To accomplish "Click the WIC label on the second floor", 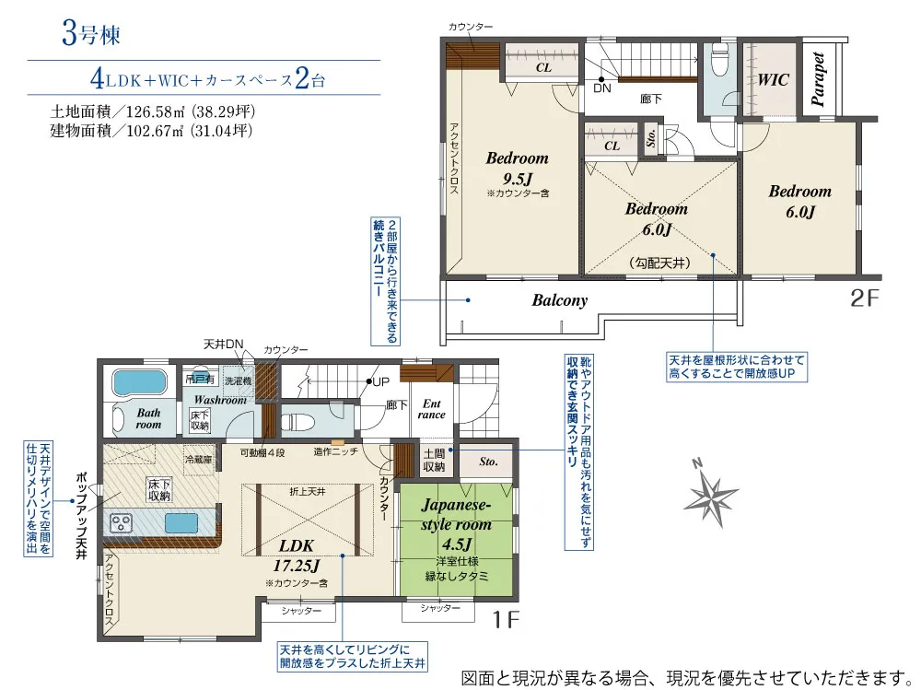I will coord(773,80).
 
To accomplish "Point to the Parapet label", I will coord(820,78).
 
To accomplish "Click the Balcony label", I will coord(559,300).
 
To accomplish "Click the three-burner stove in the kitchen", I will coord(122,522).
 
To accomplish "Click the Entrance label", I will coord(431,409).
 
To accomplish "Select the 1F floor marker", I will coord(505,619).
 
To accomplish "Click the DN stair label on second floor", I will coord(601,88).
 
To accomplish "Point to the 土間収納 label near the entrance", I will coord(434,460).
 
